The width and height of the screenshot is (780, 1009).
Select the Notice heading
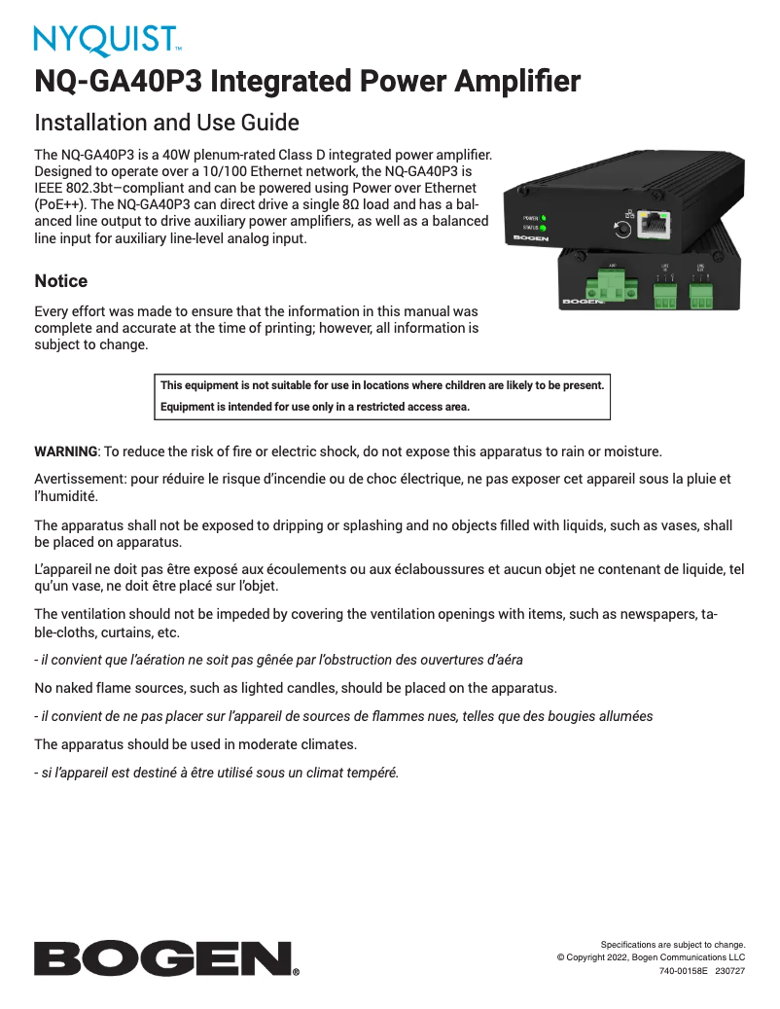[60, 281]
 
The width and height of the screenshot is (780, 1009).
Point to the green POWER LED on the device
[544, 218]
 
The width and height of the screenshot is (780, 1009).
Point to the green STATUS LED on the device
[544, 228]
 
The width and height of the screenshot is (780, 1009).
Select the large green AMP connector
[612, 286]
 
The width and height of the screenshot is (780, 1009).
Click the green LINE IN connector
[665, 295]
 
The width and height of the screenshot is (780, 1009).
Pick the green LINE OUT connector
[701, 295]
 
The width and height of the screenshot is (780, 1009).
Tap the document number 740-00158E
[683, 971]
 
